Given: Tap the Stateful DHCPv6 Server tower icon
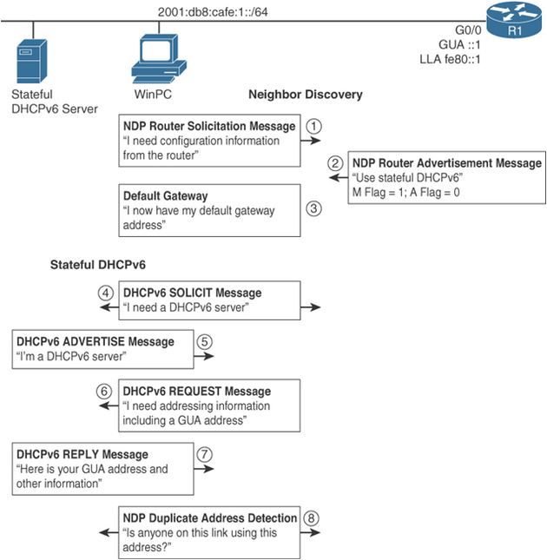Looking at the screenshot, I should pos(34,63).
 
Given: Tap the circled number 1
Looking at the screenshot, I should pos(314,125).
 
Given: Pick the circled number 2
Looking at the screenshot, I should pos(335,162).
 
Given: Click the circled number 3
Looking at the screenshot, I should pos(314,208).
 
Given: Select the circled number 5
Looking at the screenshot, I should pos(205,341).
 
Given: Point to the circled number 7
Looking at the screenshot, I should pos(205,453).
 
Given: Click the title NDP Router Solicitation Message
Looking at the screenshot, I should pos(208,126).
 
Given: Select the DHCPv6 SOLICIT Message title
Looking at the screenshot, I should pos(192,293).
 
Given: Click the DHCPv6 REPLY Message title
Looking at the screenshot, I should pos(82,454).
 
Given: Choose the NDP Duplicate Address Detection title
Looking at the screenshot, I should pos(210,517).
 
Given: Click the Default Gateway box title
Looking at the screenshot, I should pos(165,196).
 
